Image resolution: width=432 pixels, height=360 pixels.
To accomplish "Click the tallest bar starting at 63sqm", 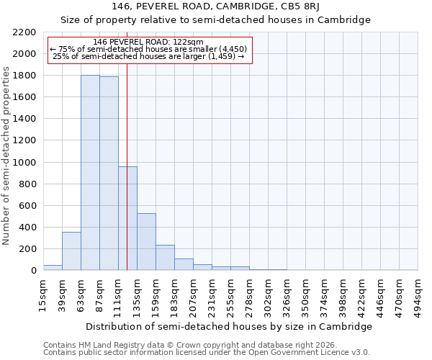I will click(90, 173).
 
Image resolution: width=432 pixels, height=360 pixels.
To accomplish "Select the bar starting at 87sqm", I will click(109, 174).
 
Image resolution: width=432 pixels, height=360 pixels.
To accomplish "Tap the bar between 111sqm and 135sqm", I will click(127, 218).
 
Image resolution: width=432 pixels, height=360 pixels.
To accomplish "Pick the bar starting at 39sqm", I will click(71, 251).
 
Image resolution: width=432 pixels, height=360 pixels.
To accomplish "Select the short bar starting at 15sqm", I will click(53, 268).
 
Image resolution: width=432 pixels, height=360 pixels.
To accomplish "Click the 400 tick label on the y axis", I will click(28, 228).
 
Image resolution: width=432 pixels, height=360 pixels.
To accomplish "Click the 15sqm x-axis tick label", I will click(43, 292).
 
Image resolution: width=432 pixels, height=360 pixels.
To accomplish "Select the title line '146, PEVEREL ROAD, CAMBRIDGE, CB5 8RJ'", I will click(215, 6).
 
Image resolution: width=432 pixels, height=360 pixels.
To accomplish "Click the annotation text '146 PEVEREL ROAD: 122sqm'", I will click(148, 42).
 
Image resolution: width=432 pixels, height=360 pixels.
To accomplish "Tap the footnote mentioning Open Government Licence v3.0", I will click(207, 352).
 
